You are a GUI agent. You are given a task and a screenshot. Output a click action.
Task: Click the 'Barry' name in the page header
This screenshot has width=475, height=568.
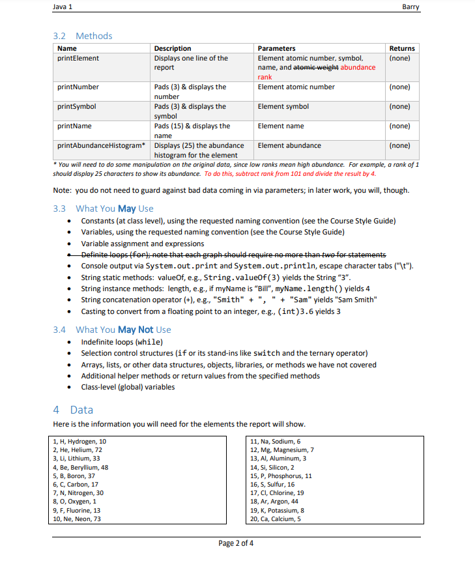click(x=410, y=7)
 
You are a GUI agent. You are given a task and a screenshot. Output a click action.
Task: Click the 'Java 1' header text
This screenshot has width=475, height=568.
click(x=63, y=7)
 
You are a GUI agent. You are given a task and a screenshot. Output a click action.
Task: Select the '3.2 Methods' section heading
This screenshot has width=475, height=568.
click(x=82, y=36)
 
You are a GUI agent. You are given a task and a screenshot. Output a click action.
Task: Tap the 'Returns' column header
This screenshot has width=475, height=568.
click(x=401, y=48)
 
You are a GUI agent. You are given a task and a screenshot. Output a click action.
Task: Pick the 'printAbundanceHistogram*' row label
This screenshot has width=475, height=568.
click(x=101, y=145)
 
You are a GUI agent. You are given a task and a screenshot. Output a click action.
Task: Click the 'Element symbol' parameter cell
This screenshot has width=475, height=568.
click(x=283, y=106)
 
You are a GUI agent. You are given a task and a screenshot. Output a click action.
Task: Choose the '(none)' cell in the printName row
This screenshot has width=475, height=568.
click(x=399, y=126)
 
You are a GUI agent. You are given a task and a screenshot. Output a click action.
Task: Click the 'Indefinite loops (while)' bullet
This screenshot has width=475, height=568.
click(x=122, y=342)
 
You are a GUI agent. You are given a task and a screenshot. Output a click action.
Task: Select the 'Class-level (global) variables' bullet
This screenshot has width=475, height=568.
click(x=128, y=387)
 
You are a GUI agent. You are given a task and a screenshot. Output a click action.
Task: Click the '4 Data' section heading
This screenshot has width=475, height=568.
click(x=72, y=410)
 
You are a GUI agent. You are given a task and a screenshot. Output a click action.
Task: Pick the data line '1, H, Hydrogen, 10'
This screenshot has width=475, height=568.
click(x=79, y=442)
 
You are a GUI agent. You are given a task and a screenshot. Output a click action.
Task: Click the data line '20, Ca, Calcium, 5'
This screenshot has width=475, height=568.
click(x=275, y=518)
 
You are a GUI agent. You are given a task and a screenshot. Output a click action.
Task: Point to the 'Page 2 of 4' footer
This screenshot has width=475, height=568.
click(x=237, y=543)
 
